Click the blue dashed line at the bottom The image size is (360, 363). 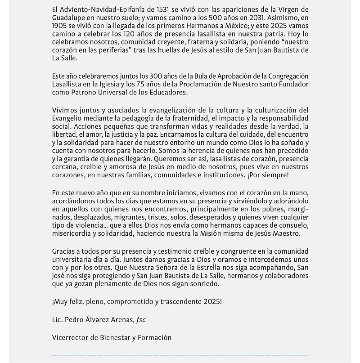(x=180, y=355)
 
